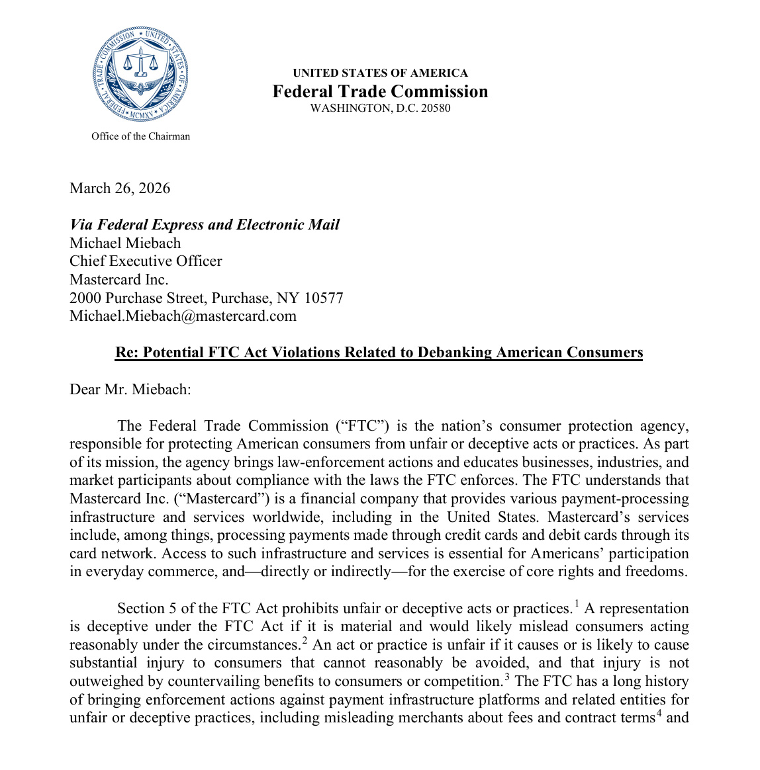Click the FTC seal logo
click(140, 74)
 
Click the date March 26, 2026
click(120, 189)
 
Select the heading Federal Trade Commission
click(380, 91)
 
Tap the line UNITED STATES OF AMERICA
click(380, 73)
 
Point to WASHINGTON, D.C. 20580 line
click(380, 108)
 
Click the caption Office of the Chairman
click(140, 136)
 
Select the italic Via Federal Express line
click(205, 225)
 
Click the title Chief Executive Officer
click(146, 261)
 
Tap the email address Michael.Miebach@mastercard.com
click(183, 316)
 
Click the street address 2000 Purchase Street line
click(207, 298)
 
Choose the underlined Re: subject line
click(379, 353)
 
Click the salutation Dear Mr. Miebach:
click(130, 389)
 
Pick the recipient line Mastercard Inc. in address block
click(119, 280)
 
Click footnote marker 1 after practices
click(576, 603)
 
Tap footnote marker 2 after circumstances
click(305, 640)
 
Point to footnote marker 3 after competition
click(506, 676)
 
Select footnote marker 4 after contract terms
click(659, 712)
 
